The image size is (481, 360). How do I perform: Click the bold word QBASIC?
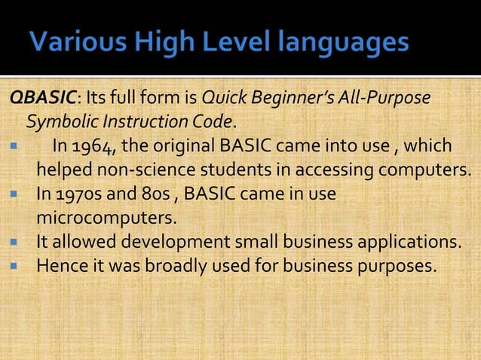tap(40, 99)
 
